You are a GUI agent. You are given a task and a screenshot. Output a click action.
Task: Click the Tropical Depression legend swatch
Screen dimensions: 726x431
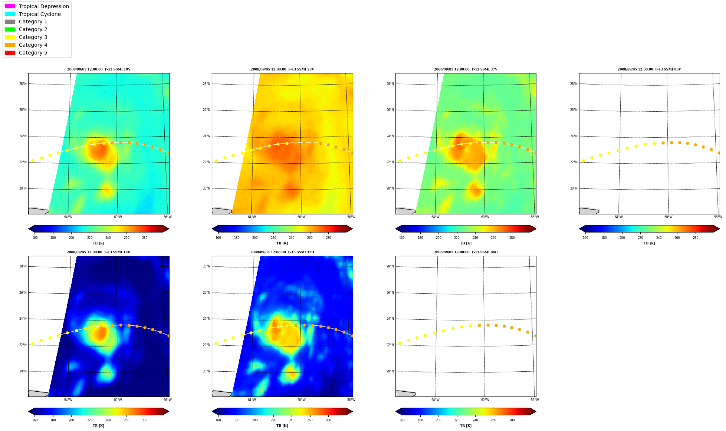point(10,6)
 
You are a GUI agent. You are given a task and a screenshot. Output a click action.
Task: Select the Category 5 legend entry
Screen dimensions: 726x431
point(26,53)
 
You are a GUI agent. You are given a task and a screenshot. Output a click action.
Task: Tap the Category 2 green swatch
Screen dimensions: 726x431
point(10,29)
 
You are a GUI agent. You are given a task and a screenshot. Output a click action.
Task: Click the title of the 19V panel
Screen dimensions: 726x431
point(99,69)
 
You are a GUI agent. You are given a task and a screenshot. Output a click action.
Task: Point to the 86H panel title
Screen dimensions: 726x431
point(466,252)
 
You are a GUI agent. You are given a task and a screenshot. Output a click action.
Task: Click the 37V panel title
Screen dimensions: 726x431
point(466,69)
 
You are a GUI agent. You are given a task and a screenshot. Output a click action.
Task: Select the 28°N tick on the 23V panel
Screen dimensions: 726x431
point(206,84)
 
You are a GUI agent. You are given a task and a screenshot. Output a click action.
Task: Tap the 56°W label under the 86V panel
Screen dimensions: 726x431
point(718,217)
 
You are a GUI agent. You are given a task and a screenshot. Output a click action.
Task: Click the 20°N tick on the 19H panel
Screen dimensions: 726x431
point(23,371)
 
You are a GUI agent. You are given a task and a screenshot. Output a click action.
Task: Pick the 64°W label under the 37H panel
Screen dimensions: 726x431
point(252,400)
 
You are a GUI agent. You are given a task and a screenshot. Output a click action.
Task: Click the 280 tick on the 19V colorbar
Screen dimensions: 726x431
point(145,238)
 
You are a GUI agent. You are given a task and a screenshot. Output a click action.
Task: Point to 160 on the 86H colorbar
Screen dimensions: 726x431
point(402,420)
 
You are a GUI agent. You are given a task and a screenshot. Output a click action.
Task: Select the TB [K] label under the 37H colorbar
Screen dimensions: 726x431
point(282,426)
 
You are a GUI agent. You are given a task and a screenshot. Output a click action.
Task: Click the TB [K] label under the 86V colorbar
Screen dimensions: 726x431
point(650,243)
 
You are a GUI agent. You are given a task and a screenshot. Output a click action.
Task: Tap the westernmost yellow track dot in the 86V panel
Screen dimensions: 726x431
point(583,161)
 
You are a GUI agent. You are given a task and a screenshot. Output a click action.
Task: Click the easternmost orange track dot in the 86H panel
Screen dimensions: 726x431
point(535,336)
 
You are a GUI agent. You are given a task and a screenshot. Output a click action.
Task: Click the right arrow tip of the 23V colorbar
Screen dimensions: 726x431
point(352,229)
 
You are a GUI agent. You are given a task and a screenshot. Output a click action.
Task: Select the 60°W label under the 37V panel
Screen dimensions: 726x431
point(485,217)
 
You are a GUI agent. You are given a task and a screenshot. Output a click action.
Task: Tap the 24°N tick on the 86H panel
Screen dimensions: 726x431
point(390,319)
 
